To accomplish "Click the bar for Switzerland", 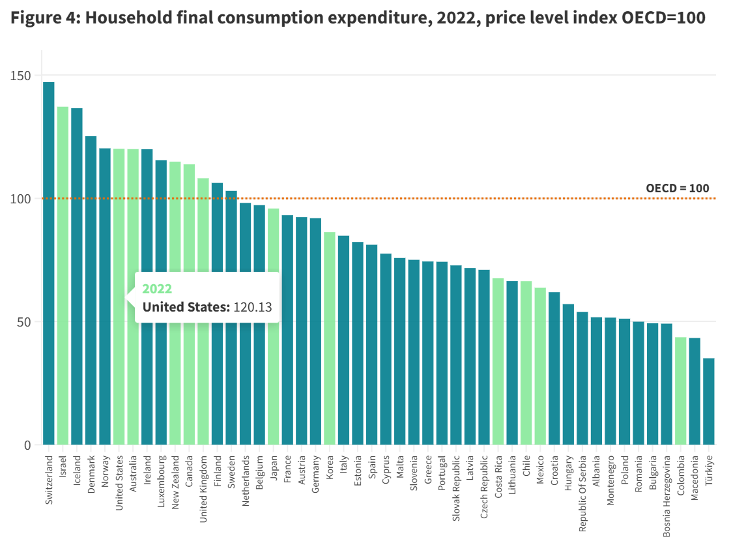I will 49,261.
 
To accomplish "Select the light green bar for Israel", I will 63,274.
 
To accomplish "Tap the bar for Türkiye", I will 708,401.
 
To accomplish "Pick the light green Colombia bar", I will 680,391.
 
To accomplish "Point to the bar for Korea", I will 330,339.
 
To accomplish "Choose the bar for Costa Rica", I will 498,362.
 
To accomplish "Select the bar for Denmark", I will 91,290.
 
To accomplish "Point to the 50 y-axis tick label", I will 23,322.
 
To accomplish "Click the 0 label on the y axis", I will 27,445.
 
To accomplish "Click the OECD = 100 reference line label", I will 677,188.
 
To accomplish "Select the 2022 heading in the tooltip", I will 157,289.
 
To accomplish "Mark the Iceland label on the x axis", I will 77,469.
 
